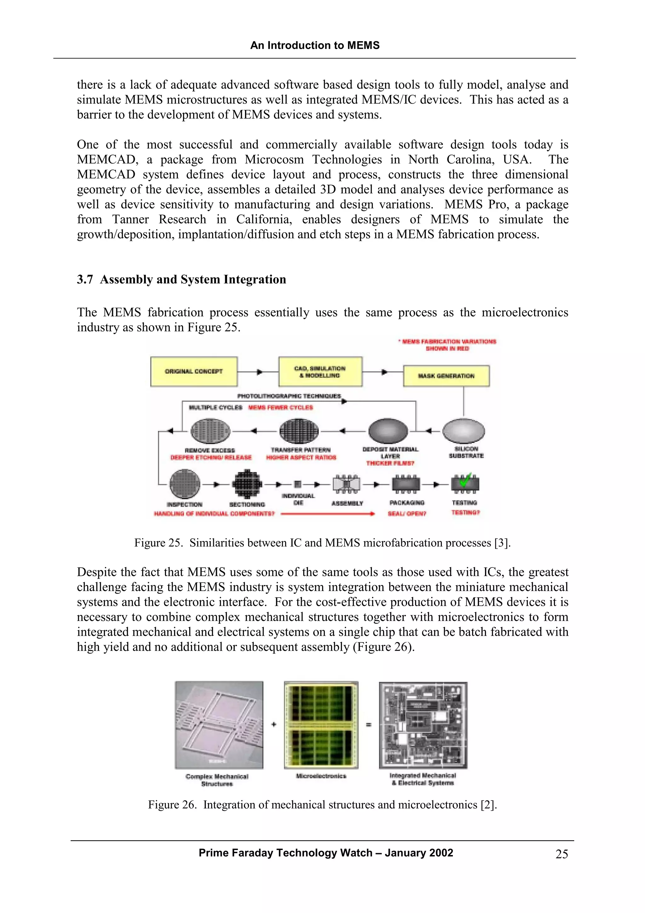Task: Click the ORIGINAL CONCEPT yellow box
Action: [x=194, y=371]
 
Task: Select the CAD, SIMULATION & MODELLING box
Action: [x=320, y=371]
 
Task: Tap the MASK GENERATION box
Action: [x=446, y=376]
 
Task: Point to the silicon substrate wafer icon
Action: [x=463, y=431]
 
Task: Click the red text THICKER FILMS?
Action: [x=390, y=463]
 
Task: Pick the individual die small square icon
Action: [x=298, y=484]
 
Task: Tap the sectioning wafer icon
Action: [x=247, y=484]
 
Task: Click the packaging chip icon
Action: [x=406, y=484]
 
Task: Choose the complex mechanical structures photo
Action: [x=219, y=725]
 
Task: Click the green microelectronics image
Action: [x=321, y=725]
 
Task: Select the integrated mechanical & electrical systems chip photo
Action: [x=423, y=725]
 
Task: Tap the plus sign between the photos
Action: [x=274, y=725]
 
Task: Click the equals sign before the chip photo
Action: [x=368, y=725]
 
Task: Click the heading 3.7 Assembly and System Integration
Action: [x=181, y=279]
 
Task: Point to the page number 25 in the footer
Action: [x=562, y=854]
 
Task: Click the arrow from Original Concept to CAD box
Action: [x=258, y=372]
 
